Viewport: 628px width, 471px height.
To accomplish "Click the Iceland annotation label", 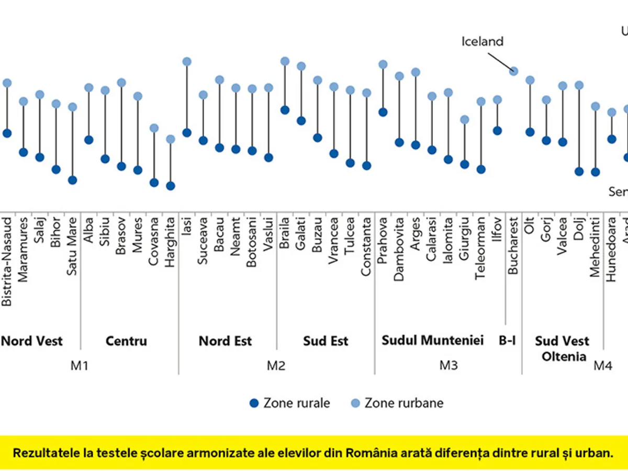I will [482, 41].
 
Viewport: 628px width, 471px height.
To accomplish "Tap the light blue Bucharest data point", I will [513, 71].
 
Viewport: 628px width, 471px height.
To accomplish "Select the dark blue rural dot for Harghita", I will [170, 186].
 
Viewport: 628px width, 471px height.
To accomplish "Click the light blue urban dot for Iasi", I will [187, 62].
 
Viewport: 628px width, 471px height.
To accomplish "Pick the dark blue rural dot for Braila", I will [285, 110].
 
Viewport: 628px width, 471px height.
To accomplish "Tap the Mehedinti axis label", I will [595, 240].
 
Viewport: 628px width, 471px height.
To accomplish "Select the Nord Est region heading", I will [225, 341].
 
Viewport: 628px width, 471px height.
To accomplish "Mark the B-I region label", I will [507, 341].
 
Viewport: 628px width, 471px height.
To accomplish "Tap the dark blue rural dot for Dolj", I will [579, 172].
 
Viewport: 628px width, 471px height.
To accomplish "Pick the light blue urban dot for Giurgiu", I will [464, 120].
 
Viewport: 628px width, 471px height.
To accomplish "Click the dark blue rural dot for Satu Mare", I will [72, 180].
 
